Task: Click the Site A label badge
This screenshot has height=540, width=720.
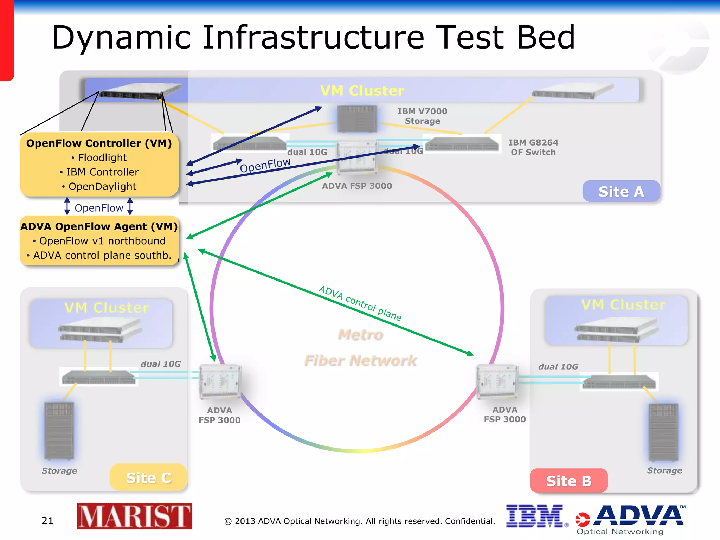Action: (621, 192)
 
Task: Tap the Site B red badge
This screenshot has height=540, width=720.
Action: (568, 481)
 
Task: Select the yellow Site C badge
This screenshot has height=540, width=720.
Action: (148, 478)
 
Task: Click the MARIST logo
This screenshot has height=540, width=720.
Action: (134, 516)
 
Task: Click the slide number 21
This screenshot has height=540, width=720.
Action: (47, 521)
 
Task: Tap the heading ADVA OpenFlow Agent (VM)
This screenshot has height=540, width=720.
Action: (99, 226)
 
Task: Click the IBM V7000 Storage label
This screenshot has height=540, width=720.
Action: (422, 116)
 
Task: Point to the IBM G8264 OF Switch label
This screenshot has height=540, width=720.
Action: (533, 147)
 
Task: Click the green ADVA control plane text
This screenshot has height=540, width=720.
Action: (360, 303)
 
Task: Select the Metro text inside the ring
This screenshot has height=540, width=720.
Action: (360, 335)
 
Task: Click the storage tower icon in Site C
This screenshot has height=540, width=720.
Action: (59, 431)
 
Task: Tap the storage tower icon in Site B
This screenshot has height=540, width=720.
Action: (663, 432)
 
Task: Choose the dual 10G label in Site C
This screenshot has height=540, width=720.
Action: (161, 364)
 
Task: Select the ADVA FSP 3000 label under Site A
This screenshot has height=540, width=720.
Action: (357, 186)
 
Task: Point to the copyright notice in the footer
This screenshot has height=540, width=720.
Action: (360, 521)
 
